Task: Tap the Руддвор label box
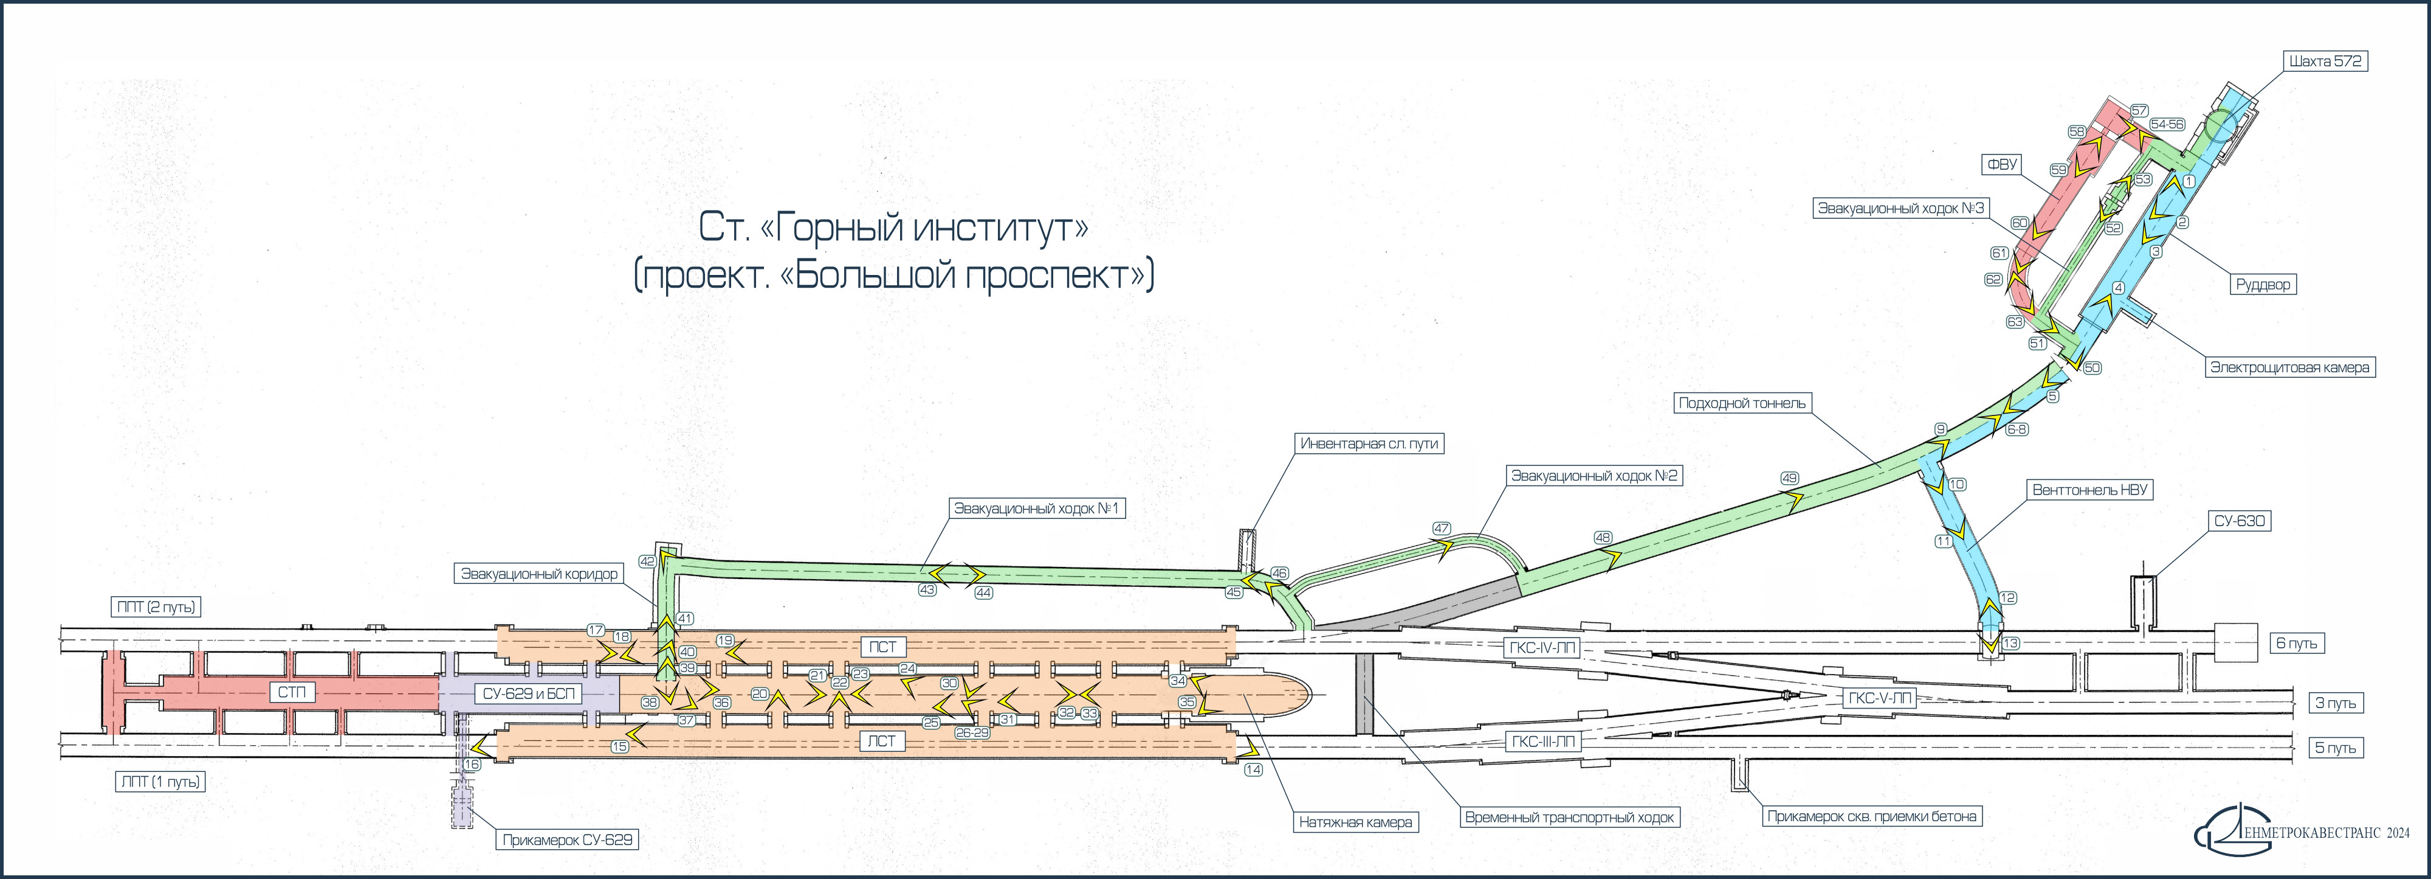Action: coord(2263,284)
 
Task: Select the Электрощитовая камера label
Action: coord(2289,367)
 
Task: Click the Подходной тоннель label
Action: coord(1741,403)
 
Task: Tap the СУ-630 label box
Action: coord(2240,521)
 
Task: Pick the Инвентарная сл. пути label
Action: coord(1369,443)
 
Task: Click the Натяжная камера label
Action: coord(1355,822)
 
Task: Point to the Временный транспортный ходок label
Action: coord(1569,818)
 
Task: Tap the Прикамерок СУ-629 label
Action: coord(567,839)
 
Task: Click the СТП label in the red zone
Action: coord(292,693)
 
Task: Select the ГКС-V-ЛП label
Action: coord(1880,699)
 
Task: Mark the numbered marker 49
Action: coord(1789,479)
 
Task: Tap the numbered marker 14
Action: coord(1253,770)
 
